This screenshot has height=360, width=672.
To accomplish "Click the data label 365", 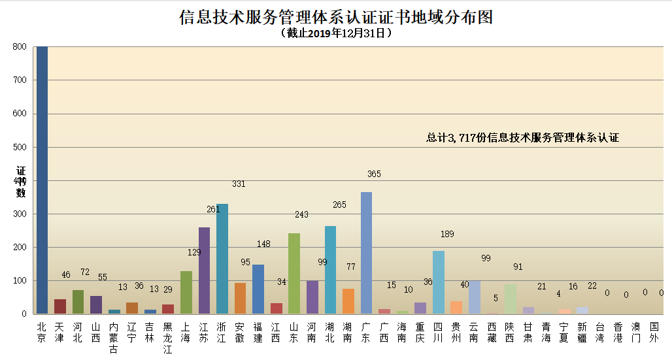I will (374, 174).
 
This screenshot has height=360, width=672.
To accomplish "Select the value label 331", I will (239, 184).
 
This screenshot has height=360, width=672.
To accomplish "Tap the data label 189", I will (447, 234).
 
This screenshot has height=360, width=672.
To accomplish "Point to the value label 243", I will (301, 214).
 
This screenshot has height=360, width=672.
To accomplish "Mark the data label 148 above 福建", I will (263, 244).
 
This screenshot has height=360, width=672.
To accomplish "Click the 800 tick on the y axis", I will (20, 47).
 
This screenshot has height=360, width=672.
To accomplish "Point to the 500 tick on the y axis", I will (20, 147).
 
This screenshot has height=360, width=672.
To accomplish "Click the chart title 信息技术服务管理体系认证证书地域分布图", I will (335, 17).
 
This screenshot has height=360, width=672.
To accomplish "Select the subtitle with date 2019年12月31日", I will (335, 33).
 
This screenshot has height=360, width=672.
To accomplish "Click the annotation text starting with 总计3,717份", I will (522, 137).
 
